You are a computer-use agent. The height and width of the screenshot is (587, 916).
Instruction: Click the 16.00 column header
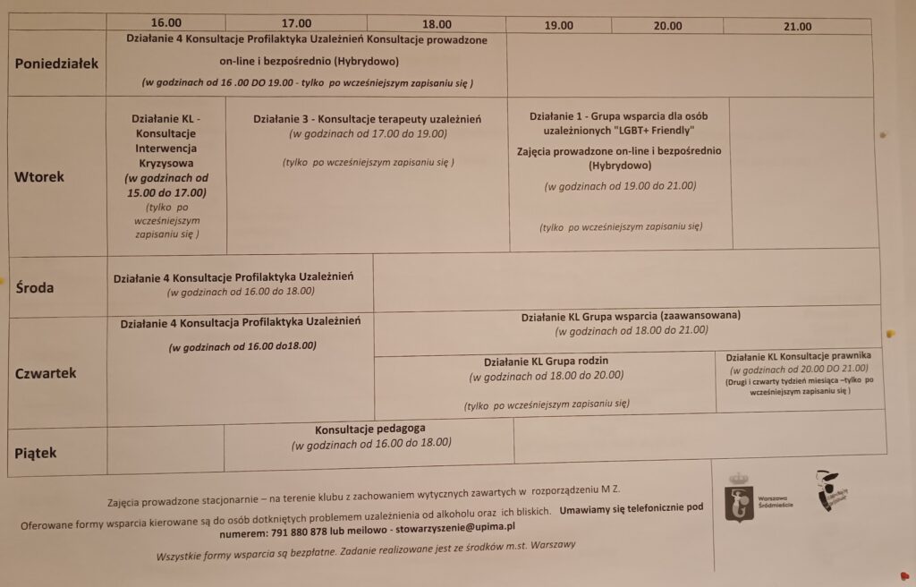pos(166,23)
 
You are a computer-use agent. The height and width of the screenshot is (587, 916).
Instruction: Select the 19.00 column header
pos(559,26)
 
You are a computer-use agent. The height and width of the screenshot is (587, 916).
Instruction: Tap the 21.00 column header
pos(797,27)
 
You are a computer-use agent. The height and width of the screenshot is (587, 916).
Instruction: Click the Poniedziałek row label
pos(56,64)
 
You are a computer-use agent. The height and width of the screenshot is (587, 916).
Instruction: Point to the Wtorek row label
pos(39,176)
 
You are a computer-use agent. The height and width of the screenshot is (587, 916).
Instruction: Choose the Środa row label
pos(35,287)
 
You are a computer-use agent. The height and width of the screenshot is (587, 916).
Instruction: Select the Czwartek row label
pos(46,373)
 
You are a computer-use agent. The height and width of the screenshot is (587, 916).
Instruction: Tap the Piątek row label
pos(36,453)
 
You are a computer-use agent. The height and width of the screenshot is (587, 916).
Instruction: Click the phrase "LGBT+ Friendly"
pos(653,131)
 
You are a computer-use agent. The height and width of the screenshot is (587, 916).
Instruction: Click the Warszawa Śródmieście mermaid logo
pos(739,498)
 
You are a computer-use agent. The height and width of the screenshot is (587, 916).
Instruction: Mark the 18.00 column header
pos(437,24)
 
